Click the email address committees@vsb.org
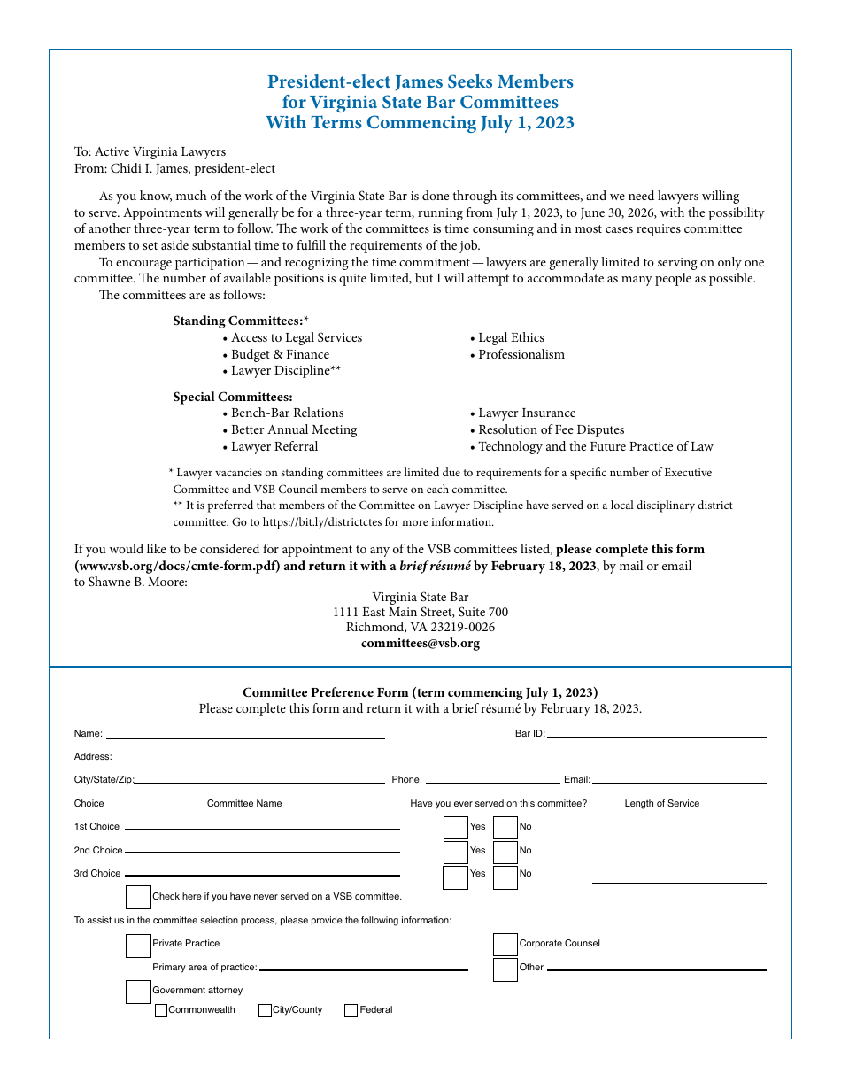420,644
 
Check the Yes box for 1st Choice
455,827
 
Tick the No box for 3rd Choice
505,877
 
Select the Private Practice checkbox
138,946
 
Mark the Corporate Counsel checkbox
505,945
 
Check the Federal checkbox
351,1010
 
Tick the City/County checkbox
265,1010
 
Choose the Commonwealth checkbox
161,1010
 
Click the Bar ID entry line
656,733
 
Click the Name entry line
245,734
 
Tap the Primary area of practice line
363,967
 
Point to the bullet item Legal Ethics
511,338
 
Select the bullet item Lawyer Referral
274,447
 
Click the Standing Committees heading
237,321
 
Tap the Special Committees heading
233,397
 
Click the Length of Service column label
661,804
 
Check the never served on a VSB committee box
138,897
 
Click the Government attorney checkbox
138,992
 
